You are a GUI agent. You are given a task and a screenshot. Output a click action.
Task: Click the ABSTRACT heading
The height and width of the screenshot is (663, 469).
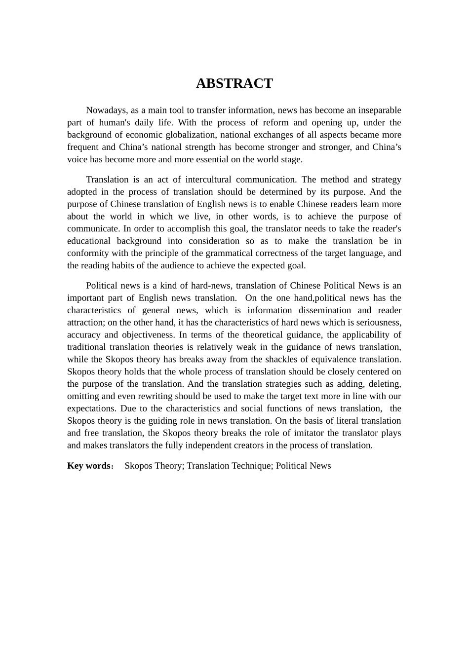pos(234,83)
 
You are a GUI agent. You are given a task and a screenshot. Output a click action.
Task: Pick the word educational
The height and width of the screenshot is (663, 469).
pos(89,241)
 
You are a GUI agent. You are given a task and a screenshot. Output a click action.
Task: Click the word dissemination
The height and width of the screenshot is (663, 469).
pos(323,310)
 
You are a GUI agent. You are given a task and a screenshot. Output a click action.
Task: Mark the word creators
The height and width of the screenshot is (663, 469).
pos(237,445)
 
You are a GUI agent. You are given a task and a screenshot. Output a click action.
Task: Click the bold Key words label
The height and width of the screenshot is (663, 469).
pos(88,466)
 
